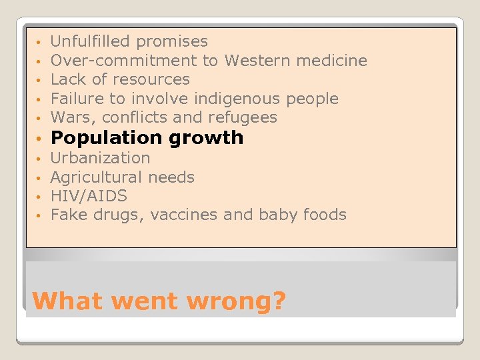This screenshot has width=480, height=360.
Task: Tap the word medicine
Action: click(x=331, y=61)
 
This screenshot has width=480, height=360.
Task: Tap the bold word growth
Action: click(x=206, y=138)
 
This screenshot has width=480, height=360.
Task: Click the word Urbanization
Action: click(x=101, y=158)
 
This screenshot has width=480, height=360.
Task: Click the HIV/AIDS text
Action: click(x=89, y=196)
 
